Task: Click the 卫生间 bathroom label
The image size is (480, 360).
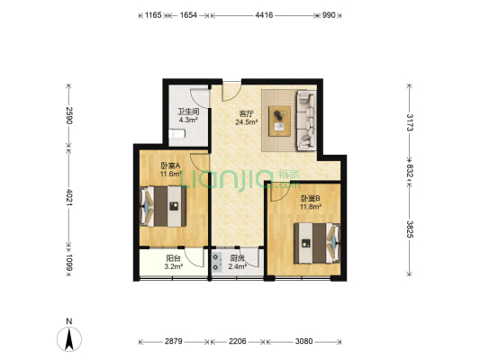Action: coord(187,112)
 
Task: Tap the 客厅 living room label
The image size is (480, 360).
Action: coord(245,113)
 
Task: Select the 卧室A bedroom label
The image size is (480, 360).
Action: coord(171,166)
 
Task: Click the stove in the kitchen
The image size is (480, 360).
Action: coord(217,262)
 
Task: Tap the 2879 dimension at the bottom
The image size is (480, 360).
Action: coord(174,342)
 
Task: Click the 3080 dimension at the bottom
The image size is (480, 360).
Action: coord(306,342)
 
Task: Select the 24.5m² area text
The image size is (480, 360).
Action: coord(246,123)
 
